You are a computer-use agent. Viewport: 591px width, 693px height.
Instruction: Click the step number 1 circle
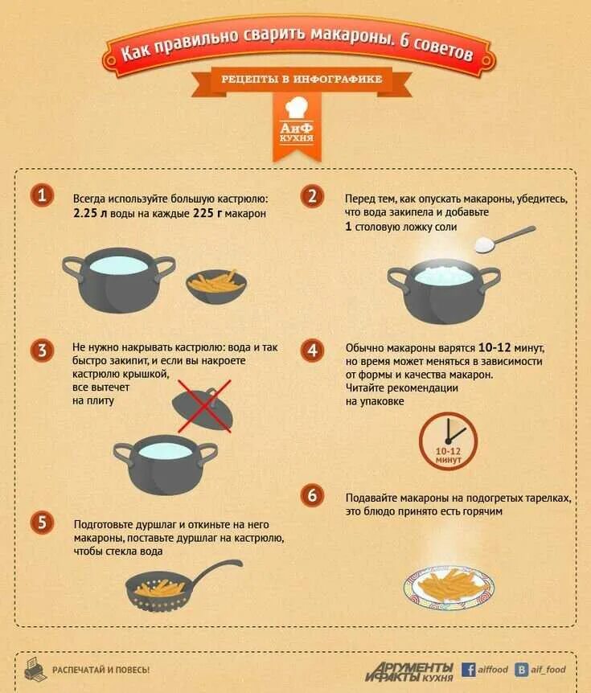[42, 195]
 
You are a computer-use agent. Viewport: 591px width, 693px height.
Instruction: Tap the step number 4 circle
[313, 351]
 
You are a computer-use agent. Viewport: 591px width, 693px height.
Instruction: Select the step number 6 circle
[313, 495]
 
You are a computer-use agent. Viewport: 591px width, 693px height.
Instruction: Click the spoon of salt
[505, 239]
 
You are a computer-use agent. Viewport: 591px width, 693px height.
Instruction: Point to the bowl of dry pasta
[216, 286]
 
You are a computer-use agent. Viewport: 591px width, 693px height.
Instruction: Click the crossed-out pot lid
[203, 406]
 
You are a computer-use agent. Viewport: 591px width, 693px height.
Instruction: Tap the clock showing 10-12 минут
[448, 441]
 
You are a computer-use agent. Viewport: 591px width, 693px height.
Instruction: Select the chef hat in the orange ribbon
[297, 108]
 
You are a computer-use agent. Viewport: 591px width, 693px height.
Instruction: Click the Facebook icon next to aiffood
[468, 670]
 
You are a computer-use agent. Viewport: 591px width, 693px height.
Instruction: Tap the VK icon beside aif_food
[522, 670]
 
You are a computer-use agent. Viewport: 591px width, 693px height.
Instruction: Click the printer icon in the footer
[35, 669]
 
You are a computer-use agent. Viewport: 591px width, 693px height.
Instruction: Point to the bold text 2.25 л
[90, 214]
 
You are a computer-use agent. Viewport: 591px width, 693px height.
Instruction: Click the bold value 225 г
[207, 214]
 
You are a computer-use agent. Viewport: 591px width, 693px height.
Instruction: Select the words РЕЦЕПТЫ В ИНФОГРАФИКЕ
[302, 80]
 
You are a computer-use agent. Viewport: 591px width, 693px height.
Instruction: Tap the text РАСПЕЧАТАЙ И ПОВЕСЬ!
[101, 670]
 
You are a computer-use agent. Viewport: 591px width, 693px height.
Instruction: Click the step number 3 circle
[42, 351]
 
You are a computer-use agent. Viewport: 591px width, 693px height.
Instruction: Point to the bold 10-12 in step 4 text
[495, 348]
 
